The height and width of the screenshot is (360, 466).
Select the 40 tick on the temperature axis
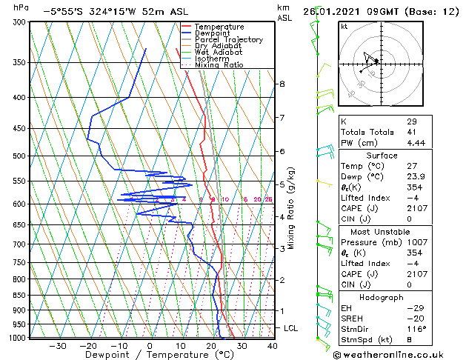(272, 345)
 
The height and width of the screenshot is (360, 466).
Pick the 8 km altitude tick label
(282, 84)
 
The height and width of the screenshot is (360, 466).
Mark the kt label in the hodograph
(344, 27)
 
